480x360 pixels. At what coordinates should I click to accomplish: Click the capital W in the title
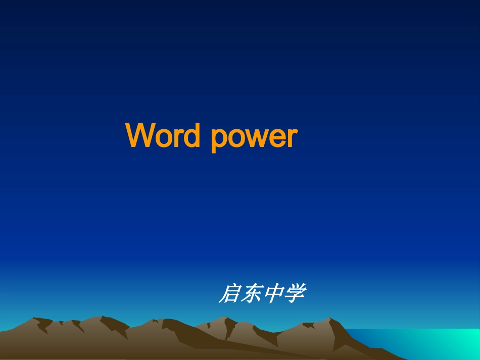[141, 135]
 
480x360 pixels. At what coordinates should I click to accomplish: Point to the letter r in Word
[181, 137]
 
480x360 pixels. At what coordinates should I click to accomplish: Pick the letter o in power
[236, 138]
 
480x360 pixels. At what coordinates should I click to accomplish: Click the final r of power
[292, 137]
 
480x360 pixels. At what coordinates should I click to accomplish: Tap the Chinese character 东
[251, 294]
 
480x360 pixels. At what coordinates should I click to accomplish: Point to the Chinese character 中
[273, 294]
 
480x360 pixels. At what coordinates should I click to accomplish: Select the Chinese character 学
[294, 294]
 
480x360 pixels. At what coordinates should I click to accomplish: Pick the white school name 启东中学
[261, 294]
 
